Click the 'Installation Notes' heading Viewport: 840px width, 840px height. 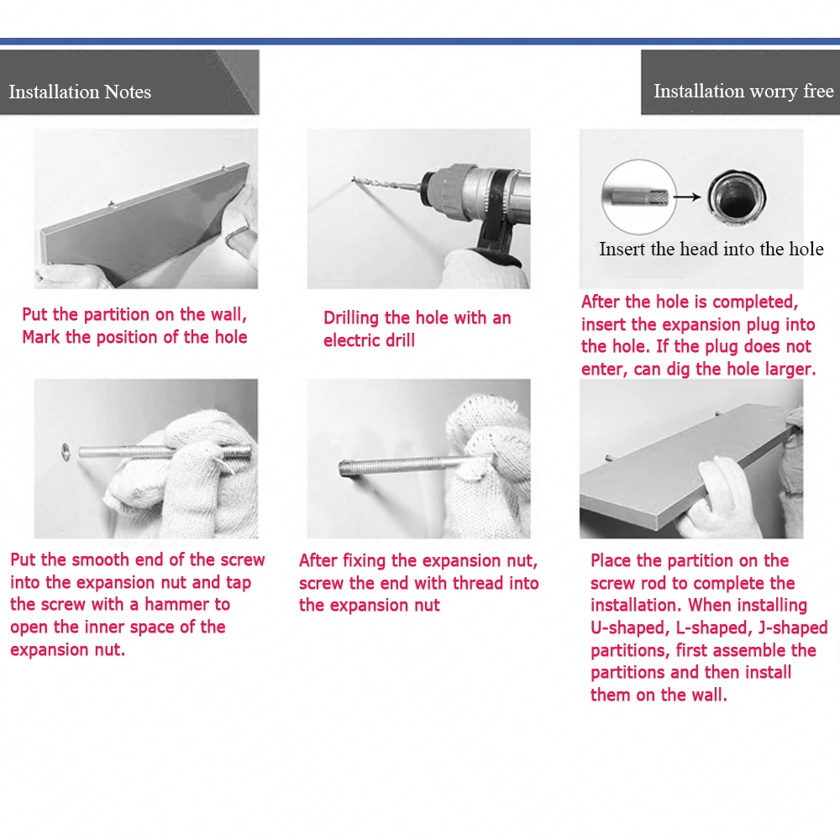(80, 92)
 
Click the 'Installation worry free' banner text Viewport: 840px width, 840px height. (743, 91)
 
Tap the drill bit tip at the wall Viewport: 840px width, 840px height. (353, 179)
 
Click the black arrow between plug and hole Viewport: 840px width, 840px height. (687, 197)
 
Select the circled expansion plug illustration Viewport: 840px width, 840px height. (639, 197)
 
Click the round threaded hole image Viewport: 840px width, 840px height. (737, 196)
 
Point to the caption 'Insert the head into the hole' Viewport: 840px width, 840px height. (711, 249)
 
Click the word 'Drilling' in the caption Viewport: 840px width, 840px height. (351, 318)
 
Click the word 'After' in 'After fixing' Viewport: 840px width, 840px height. (318, 561)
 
